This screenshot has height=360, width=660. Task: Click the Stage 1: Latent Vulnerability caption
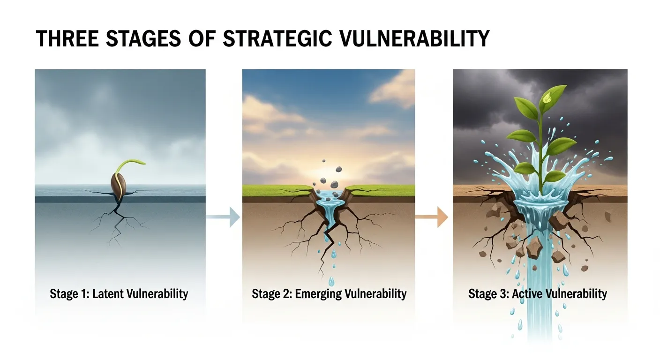[119, 294]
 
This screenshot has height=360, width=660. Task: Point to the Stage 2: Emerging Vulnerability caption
[329, 294]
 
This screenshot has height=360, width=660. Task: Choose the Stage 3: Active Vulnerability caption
[538, 294]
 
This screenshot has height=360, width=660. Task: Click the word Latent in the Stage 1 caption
[108, 294]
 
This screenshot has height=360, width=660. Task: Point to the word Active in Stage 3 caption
[528, 294]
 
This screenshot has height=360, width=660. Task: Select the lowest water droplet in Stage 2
[331, 281]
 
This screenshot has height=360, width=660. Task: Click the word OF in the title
[202, 39]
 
